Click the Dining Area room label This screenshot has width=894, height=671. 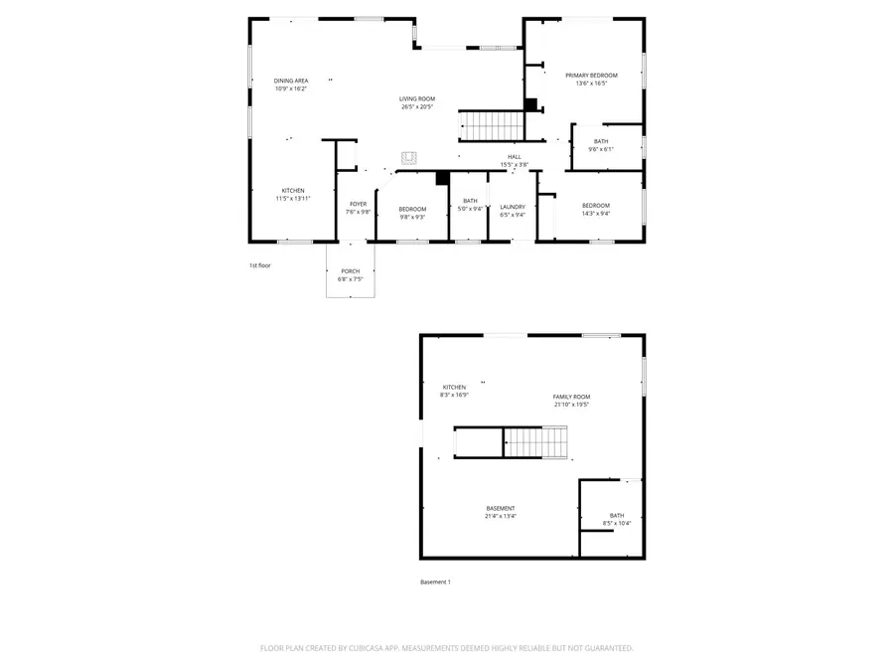pos(291,81)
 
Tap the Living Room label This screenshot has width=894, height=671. pos(417,98)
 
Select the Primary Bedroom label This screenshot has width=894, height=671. pos(591,76)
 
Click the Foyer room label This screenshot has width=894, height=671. pos(358,204)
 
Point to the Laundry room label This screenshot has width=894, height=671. pos(512,207)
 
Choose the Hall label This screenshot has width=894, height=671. pos(515,156)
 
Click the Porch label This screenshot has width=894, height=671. pos(351,271)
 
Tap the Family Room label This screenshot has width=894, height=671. pos(571,397)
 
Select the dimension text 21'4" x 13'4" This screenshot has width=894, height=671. pos(500,516)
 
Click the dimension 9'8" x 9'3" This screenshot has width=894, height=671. pos(412,217)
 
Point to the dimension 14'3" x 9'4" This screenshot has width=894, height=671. pos(596,213)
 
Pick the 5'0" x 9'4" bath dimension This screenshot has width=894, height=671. pos(470,209)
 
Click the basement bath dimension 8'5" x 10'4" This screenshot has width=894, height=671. pos(617,523)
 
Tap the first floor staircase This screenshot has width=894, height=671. pos(491,126)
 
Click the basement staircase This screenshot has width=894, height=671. pos(536,441)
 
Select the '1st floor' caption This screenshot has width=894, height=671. pos(260,265)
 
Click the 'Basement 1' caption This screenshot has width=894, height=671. pos(435,582)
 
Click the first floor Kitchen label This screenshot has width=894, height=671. pos(292,190)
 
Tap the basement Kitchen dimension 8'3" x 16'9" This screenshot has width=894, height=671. pos(454,395)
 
